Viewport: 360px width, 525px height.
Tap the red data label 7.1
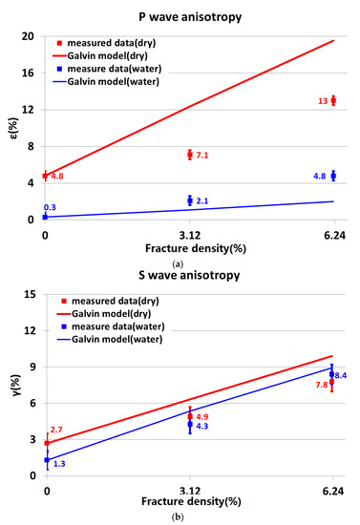pyautogui.click(x=202, y=156)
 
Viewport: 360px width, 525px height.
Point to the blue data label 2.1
pyautogui.click(x=202, y=201)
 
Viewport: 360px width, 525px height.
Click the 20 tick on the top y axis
pyautogui.click(x=30, y=36)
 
